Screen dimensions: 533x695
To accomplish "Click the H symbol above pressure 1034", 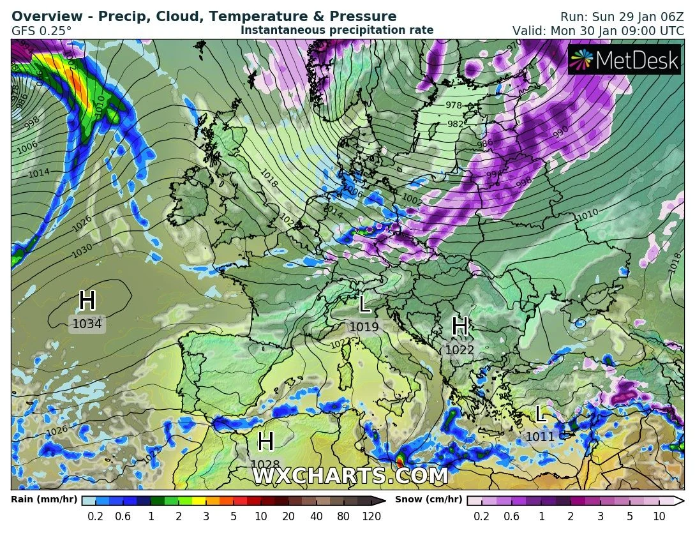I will click(x=87, y=301).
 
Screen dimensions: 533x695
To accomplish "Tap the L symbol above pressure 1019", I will click(x=364, y=304).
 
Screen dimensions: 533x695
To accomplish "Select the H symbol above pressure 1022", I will click(x=460, y=327).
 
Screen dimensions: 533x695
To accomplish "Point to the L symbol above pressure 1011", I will click(x=541, y=414).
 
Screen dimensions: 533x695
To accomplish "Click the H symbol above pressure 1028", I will click(x=265, y=442).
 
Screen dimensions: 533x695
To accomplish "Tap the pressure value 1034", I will click(x=87, y=324).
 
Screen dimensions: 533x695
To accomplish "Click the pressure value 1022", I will click(x=460, y=350).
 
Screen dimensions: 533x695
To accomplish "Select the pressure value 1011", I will click(x=541, y=437).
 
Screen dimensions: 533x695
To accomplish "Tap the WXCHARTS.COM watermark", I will click(x=350, y=476).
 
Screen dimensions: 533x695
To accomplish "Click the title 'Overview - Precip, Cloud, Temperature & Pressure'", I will click(x=204, y=17).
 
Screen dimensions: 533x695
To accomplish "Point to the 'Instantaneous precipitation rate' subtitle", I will click(x=337, y=30).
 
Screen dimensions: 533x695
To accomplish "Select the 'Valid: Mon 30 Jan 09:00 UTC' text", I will click(x=599, y=31).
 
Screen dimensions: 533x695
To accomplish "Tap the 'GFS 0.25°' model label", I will click(x=41, y=31).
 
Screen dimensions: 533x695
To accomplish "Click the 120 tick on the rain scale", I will click(x=371, y=516).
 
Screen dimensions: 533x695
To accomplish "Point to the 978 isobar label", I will click(x=454, y=105).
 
